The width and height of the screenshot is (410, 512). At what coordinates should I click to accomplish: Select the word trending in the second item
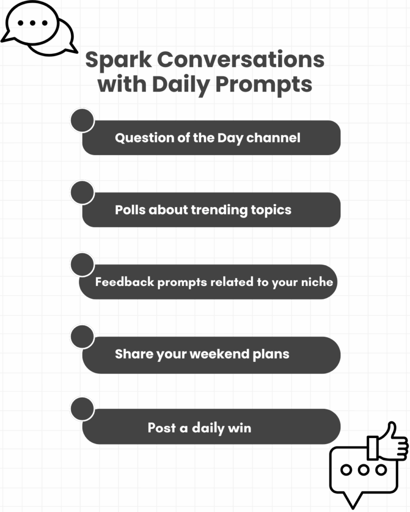217,209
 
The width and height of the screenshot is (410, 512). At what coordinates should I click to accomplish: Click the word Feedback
125,282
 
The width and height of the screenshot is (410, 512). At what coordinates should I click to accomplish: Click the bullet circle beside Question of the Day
83,120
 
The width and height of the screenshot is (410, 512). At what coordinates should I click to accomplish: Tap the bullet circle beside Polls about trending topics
83,193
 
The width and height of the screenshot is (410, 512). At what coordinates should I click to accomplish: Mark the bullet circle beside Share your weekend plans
83,337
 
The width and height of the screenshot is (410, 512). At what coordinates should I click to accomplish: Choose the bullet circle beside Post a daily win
83,409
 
